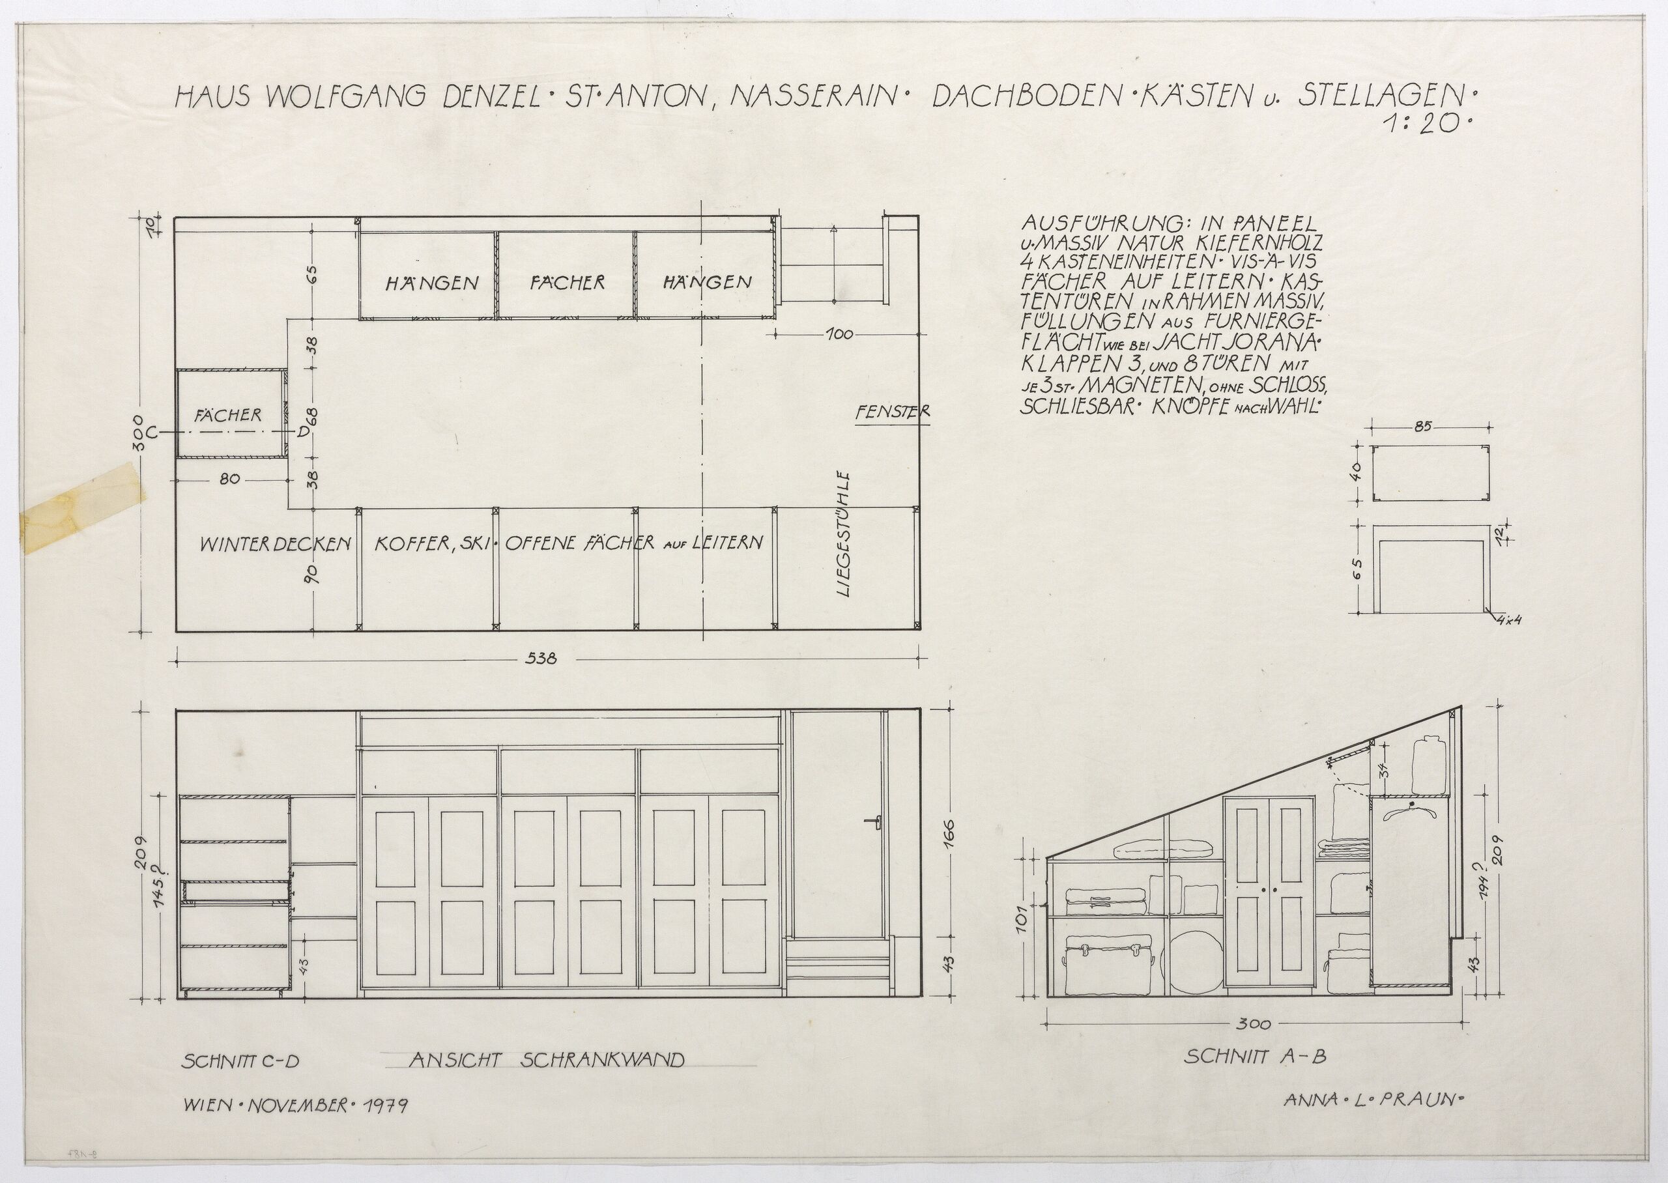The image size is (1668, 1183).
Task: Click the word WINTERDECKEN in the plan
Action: coord(276,543)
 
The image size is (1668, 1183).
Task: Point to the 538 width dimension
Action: coord(541,659)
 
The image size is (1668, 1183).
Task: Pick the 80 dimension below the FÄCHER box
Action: coord(229,479)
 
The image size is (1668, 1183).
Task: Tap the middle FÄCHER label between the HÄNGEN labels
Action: coord(568,282)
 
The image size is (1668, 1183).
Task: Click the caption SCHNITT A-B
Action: coord(1246,1076)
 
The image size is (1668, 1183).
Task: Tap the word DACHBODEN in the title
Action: coord(1011,97)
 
